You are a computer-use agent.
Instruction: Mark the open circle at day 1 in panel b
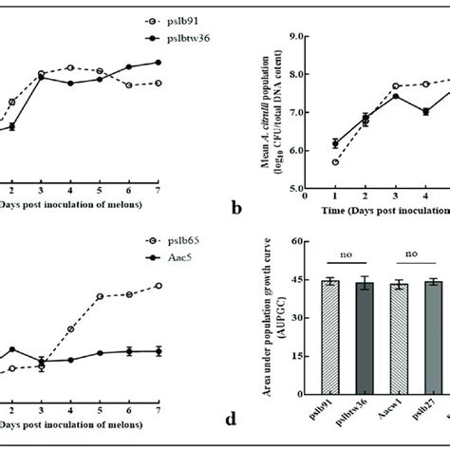point(336,162)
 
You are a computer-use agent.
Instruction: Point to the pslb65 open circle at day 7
point(158,285)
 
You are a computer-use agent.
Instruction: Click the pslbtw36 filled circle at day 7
point(158,63)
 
